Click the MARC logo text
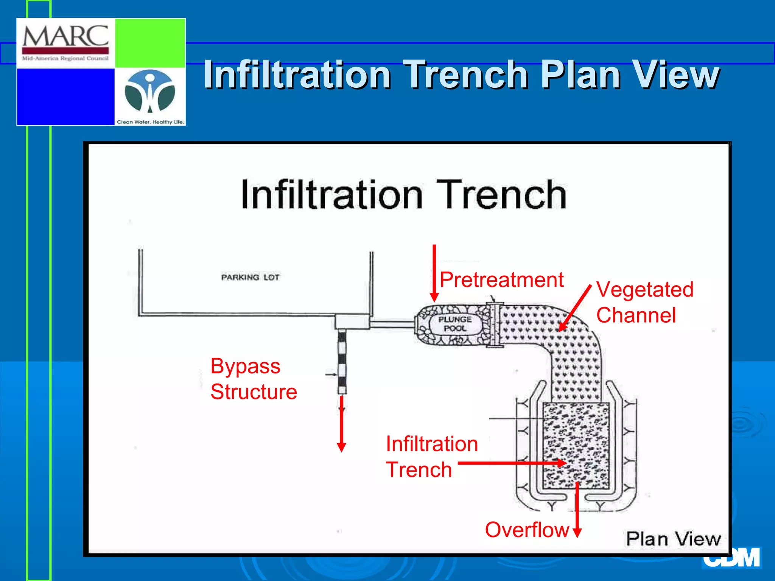(x=65, y=36)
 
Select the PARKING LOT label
(x=250, y=277)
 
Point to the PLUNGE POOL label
(x=455, y=324)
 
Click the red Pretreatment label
(x=501, y=280)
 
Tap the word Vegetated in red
(x=644, y=290)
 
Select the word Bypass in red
(x=245, y=366)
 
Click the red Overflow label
(x=527, y=530)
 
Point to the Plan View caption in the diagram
(x=673, y=539)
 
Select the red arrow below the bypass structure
(x=341, y=424)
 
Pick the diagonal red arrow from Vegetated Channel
(x=575, y=308)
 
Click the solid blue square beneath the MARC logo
(x=65, y=96)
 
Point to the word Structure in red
(x=254, y=392)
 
